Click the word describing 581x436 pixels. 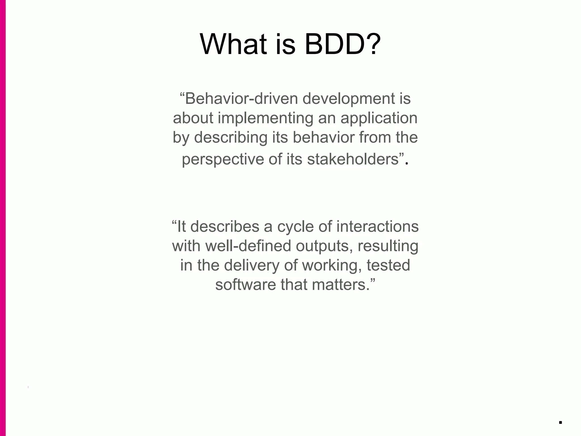231,138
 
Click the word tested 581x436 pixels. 388,265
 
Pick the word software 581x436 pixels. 245,285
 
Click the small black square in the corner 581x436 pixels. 560,422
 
